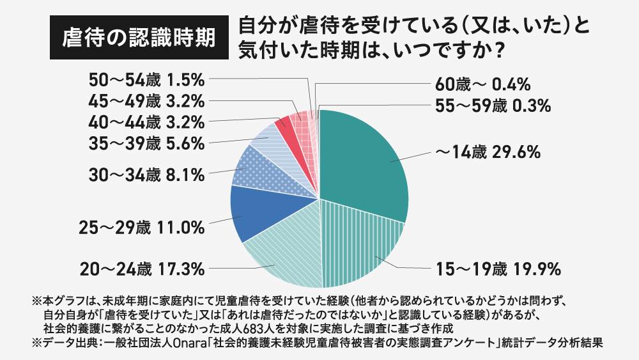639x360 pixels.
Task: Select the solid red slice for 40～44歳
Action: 284,125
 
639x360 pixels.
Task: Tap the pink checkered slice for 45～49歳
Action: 298,119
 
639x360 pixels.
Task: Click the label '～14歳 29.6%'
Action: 488,153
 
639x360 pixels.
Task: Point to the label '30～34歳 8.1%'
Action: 147,173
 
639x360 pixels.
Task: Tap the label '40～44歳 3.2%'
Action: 147,121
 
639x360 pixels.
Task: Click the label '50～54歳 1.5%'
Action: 147,80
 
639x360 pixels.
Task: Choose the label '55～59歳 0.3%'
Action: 493,106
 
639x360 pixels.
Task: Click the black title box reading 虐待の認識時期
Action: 138,38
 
